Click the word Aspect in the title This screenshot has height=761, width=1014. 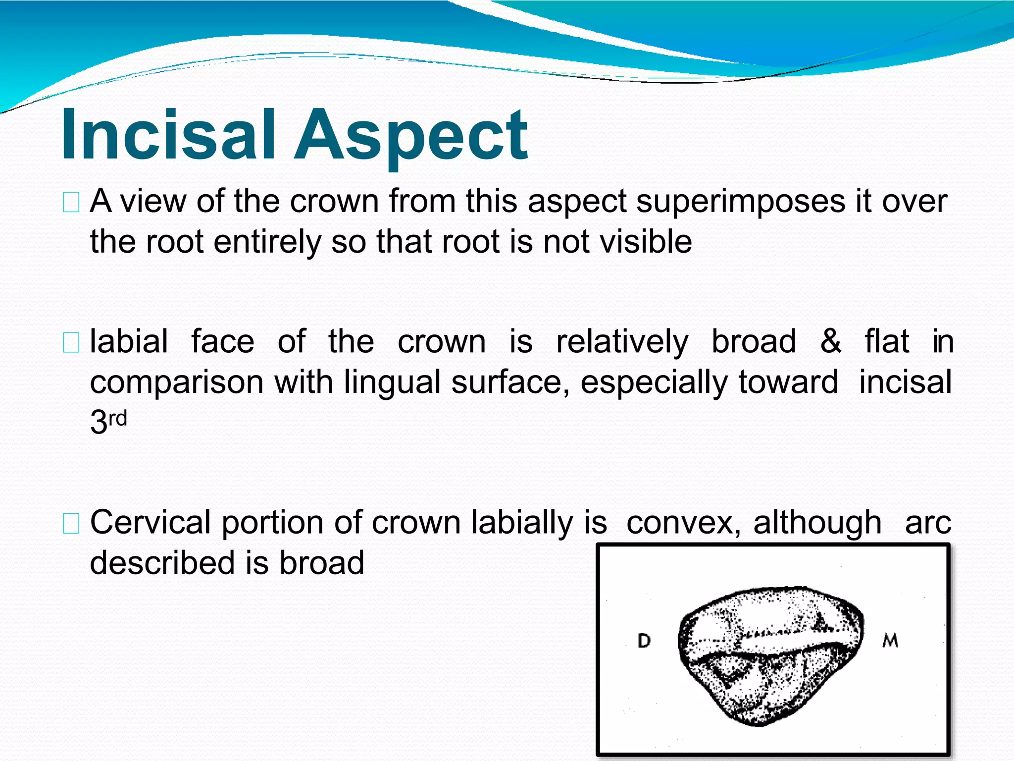click(x=411, y=136)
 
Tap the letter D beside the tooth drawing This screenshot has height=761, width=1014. click(x=644, y=641)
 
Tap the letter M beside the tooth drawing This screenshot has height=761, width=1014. click(x=890, y=641)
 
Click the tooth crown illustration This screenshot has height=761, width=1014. click(x=770, y=654)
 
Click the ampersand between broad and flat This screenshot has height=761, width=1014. click(x=830, y=341)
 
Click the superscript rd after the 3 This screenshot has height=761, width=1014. click(x=118, y=419)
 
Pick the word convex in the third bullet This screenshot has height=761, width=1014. click(x=683, y=523)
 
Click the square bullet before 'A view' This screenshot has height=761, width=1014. click(x=71, y=203)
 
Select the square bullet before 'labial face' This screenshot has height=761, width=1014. click(x=71, y=343)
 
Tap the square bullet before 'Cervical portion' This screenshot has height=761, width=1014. click(x=71, y=524)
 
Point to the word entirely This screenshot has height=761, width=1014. click(x=267, y=243)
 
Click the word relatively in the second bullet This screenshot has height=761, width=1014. click(x=622, y=342)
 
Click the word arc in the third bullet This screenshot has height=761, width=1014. click(x=927, y=523)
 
